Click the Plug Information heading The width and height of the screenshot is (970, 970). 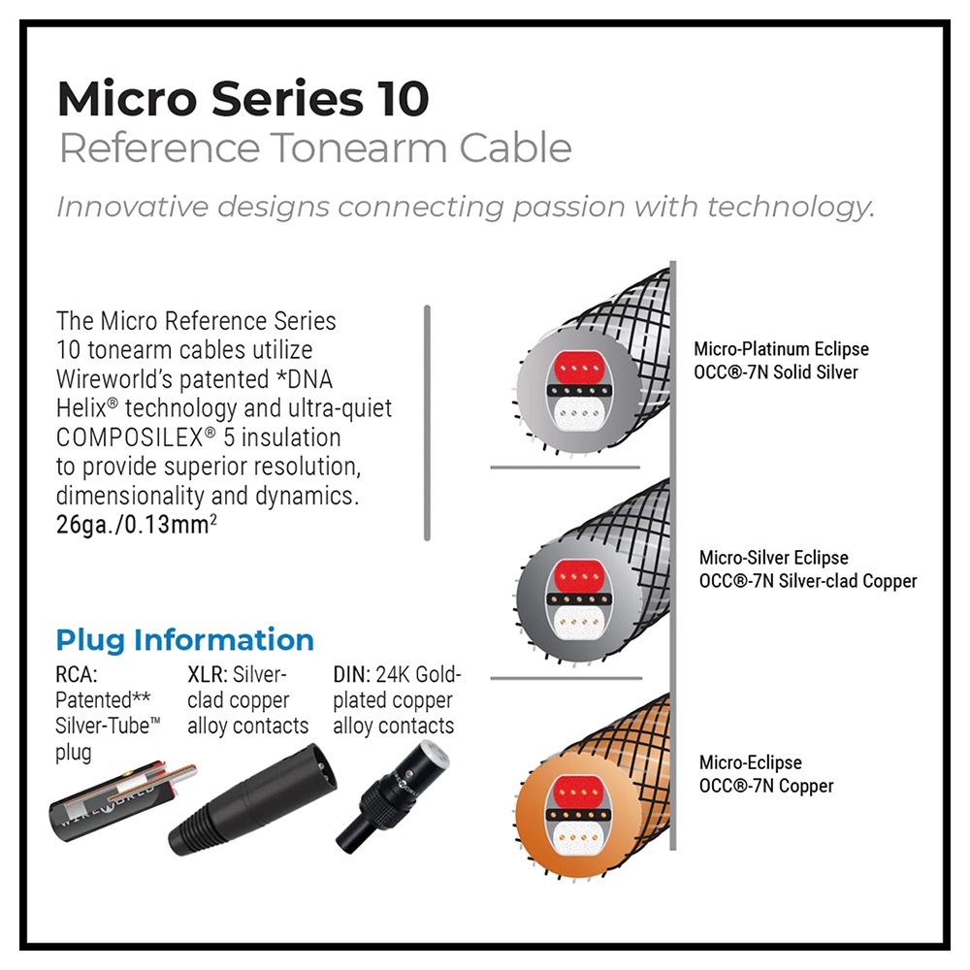pyautogui.click(x=184, y=640)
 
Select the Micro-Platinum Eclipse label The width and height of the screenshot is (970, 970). pyautogui.click(x=781, y=349)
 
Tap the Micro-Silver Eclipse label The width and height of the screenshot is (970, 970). pyautogui.click(x=773, y=558)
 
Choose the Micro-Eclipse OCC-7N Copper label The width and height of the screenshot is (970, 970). pyautogui.click(x=765, y=774)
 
